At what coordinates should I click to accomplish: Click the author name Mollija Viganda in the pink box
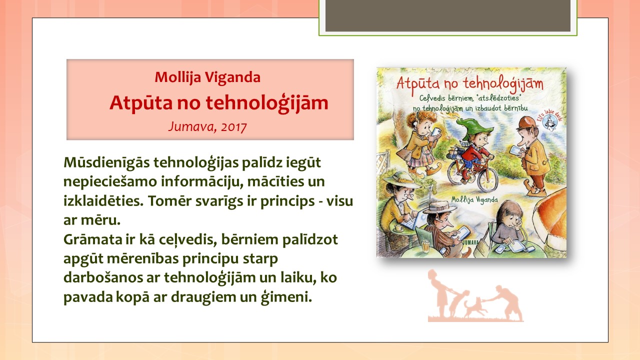207,77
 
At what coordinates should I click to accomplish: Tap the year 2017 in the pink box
233,127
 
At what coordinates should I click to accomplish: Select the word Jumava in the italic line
193,126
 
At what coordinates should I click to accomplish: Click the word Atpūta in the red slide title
141,103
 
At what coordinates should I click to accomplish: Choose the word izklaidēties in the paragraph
103,200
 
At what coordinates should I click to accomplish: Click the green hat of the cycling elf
473,127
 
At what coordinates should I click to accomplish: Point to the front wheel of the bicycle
487,180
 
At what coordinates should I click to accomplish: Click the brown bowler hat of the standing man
526,123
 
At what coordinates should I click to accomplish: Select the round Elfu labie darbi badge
549,120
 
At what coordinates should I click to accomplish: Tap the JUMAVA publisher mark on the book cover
470,242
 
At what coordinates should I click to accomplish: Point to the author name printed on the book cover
474,200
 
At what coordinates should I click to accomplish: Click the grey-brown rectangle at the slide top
448,15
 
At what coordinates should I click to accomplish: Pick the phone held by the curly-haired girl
436,132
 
